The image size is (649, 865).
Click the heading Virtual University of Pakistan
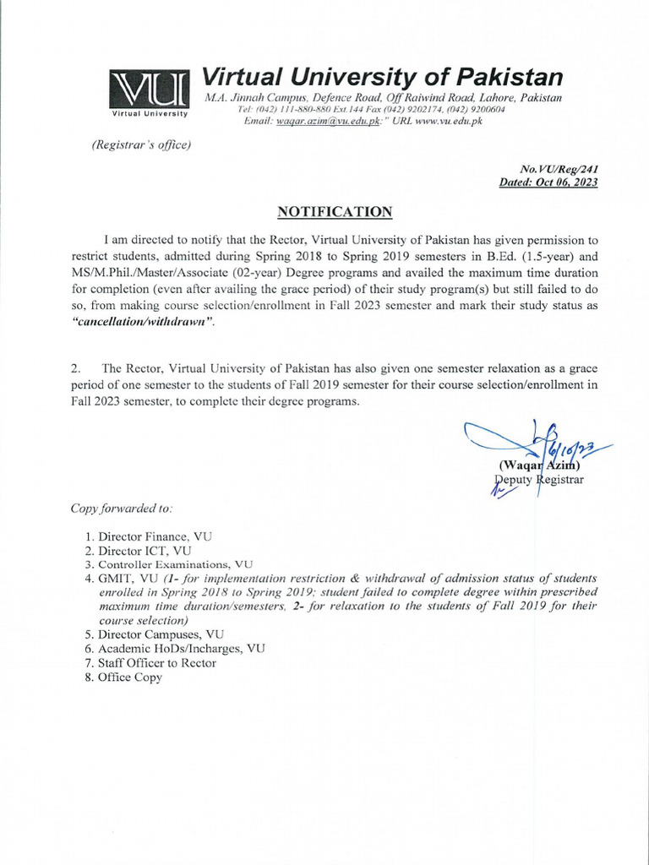click(x=383, y=78)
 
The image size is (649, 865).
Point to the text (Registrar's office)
click(x=141, y=144)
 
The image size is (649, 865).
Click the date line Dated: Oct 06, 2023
click(x=548, y=182)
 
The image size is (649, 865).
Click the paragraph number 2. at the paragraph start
click(x=77, y=368)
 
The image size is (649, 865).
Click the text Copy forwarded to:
click(x=122, y=509)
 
